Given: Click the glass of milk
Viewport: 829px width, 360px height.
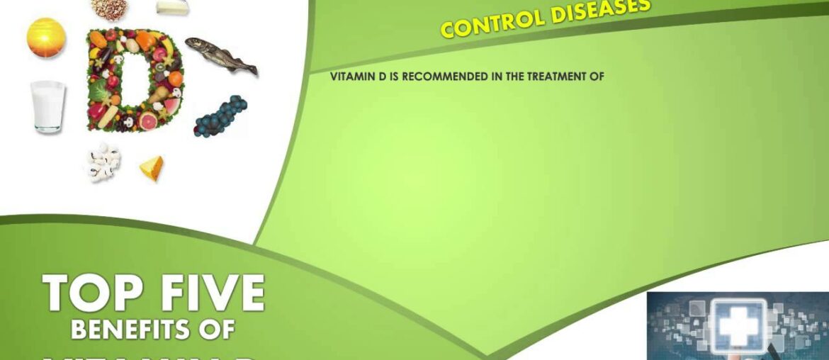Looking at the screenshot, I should [47, 106].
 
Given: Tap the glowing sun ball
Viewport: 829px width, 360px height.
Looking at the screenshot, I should [46, 38].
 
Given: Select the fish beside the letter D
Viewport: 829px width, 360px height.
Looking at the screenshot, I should [221, 56].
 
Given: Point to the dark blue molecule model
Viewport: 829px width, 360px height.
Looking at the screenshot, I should [221, 115].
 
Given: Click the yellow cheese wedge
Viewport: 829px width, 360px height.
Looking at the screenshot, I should [152, 167].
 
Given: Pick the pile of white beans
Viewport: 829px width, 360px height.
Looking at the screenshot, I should [103, 162].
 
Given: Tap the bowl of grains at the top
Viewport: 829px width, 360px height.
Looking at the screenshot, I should [109, 7].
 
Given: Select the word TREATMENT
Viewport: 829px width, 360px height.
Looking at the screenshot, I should [558, 77].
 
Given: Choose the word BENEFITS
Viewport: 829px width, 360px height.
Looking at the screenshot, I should [131, 330].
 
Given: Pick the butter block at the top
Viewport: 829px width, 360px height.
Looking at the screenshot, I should [172, 6].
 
